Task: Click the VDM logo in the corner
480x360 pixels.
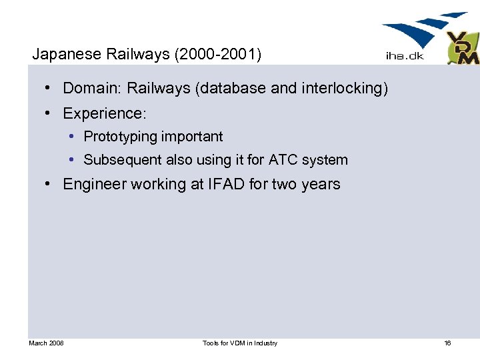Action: pyautogui.click(x=462, y=49)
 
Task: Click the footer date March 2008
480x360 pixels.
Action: pyautogui.click(x=46, y=343)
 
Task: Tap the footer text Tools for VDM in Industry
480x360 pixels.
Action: pyautogui.click(x=240, y=343)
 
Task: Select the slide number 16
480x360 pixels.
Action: pyautogui.click(x=447, y=343)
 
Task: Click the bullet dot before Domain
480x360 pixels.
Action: pyautogui.click(x=50, y=88)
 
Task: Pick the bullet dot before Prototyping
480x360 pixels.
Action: pyautogui.click(x=71, y=137)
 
